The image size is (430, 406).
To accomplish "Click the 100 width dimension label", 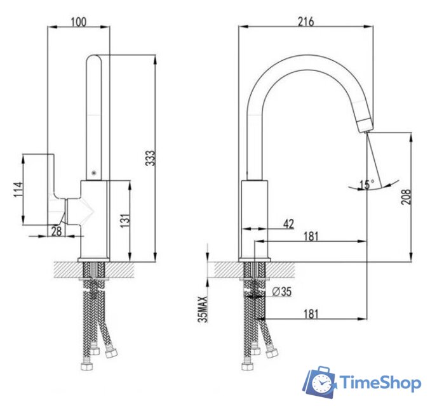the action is click(x=79, y=22).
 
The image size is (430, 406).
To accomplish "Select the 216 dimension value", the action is click(x=306, y=22).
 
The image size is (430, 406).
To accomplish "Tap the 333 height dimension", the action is click(x=151, y=158).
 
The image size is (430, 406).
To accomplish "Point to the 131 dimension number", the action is click(x=125, y=221).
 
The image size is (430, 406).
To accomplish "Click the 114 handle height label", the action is click(x=18, y=189).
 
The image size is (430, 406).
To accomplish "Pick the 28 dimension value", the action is click(x=57, y=231).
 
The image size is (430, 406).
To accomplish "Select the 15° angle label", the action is click(x=367, y=185).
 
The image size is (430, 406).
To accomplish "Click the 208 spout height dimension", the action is click(x=406, y=197).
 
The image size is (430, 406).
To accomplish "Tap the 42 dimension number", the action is click(x=288, y=224).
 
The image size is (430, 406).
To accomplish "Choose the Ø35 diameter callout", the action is click(x=281, y=291).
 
